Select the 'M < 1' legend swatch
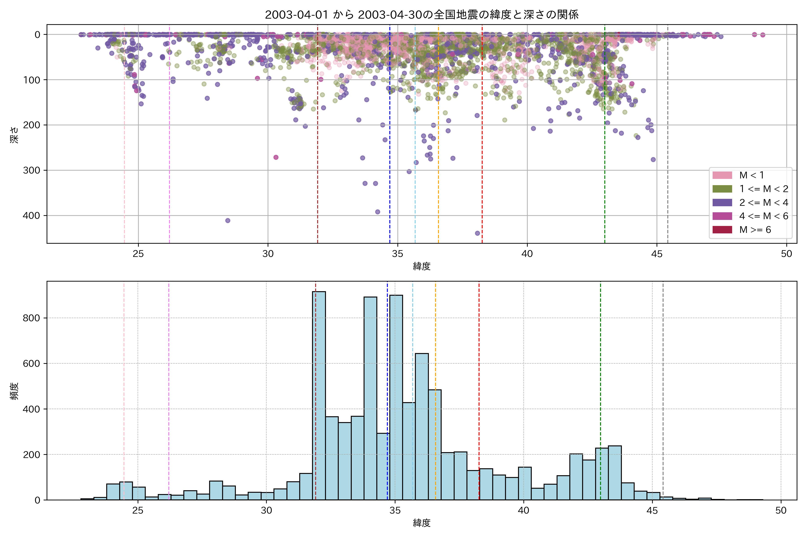pos(722,175)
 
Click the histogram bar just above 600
pos(422,425)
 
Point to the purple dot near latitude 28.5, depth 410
pos(228,221)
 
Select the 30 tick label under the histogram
pos(266,511)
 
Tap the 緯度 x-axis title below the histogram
pos(422,523)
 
